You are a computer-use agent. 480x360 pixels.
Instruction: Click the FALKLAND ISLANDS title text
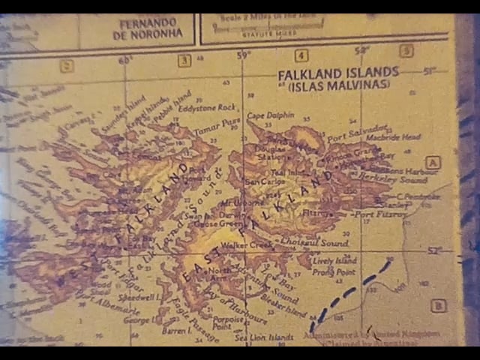[338, 73]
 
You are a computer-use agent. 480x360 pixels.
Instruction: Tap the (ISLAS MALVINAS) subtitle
[338, 85]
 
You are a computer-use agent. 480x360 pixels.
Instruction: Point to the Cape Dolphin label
[265, 115]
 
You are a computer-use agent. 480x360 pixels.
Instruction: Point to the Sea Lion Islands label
[263, 337]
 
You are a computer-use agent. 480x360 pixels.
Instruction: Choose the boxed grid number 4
[301, 55]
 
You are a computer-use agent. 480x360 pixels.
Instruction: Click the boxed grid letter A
[433, 163]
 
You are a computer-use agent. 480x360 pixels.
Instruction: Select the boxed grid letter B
[439, 305]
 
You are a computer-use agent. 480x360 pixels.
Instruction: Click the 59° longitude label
[243, 55]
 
